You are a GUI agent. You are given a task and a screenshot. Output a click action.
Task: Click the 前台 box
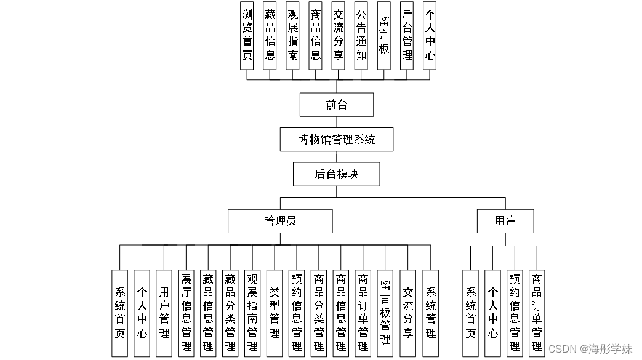pyautogui.click(x=336, y=105)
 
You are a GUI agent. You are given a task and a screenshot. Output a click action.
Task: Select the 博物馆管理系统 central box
pyautogui.click(x=336, y=140)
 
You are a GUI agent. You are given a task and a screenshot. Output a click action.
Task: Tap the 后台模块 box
pyautogui.click(x=336, y=174)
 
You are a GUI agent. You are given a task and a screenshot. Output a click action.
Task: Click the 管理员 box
pyautogui.click(x=280, y=221)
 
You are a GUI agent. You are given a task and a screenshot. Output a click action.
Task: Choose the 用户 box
pyautogui.click(x=505, y=221)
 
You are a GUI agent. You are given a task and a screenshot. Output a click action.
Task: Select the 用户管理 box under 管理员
pyautogui.click(x=164, y=313)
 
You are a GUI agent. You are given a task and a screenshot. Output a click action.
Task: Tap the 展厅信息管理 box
pyautogui.click(x=186, y=313)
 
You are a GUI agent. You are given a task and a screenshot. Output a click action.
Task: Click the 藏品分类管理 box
pyautogui.click(x=230, y=313)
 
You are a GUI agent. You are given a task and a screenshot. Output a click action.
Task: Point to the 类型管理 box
pyautogui.click(x=275, y=313)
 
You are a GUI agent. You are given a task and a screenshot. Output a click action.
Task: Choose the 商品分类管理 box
pyautogui.click(x=319, y=313)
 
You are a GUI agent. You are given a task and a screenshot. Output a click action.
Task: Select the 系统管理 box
pyautogui.click(x=430, y=313)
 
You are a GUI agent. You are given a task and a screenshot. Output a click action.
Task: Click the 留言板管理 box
pyautogui.click(x=385, y=313)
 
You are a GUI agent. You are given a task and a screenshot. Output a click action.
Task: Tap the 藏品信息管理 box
pyautogui.click(x=208, y=313)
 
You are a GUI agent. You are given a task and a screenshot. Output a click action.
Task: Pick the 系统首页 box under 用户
pyautogui.click(x=470, y=313)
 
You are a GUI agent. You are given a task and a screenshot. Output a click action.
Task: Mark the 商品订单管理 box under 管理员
pyautogui.click(x=363, y=313)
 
